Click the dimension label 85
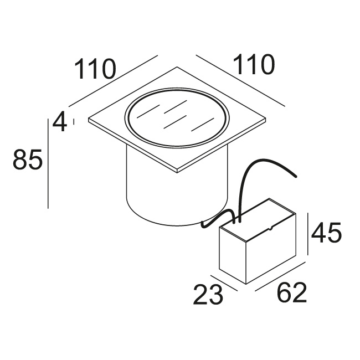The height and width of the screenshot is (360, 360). click(28, 160)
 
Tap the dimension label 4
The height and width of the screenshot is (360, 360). click(60, 122)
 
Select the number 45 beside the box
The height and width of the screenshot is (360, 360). click(326, 233)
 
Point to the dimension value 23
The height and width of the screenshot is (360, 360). click(208, 295)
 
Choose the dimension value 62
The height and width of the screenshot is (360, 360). click(292, 292)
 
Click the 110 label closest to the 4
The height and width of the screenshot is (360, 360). click(95, 69)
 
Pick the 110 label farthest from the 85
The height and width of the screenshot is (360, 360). click(254, 64)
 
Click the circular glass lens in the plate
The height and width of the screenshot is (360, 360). click(177, 117)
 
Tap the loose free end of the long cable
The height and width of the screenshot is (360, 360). click(296, 176)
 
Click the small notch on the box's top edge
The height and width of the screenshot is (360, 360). click(271, 228)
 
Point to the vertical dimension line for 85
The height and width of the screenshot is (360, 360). click(48, 163)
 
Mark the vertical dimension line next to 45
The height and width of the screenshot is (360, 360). click(307, 234)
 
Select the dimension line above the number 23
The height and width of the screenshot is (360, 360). click(224, 283)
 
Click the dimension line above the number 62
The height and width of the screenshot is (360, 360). click(280, 276)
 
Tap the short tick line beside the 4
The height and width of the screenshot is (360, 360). click(74, 121)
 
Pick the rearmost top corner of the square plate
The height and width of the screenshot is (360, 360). click(177, 67)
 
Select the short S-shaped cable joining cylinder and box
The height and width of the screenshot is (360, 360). click(218, 219)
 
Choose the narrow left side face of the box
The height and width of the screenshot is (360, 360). click(233, 255)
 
